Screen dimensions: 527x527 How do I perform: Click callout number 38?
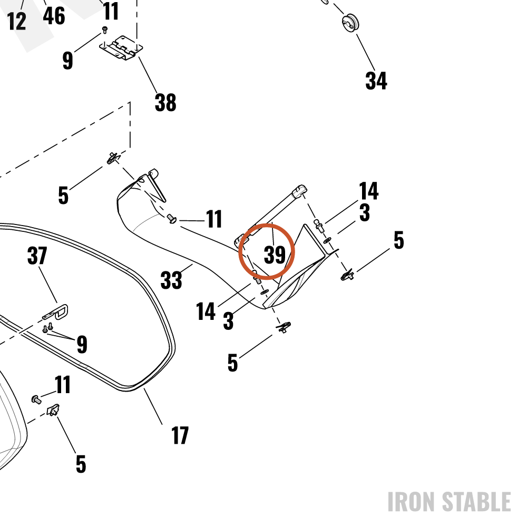coord(165,103)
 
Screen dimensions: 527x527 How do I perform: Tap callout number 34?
coord(376,81)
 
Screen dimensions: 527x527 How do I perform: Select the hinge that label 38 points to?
coord(121,48)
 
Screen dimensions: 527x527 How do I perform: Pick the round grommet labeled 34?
coord(350,23)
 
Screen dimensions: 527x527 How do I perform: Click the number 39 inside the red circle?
coord(275,255)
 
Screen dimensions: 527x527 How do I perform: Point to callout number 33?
coord(171,280)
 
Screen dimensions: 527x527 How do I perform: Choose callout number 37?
coord(37,256)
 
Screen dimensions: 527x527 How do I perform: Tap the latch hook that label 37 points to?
coord(55,312)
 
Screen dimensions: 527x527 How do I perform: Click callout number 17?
coord(180,436)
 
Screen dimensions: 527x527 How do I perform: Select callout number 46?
coord(54,16)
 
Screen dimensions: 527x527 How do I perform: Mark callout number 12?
coord(16,21)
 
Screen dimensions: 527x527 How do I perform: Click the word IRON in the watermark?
coord(413,502)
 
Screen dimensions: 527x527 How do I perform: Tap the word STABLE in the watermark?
coord(476,502)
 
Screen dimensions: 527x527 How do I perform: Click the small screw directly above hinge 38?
coord(104,30)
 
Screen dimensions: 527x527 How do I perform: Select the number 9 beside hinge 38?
coord(67,61)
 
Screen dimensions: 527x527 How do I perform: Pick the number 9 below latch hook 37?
coord(82,344)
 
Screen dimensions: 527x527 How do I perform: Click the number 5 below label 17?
coord(81,464)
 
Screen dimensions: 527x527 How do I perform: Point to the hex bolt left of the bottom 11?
coord(36,399)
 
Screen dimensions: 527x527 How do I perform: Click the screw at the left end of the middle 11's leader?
coord(172,219)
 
